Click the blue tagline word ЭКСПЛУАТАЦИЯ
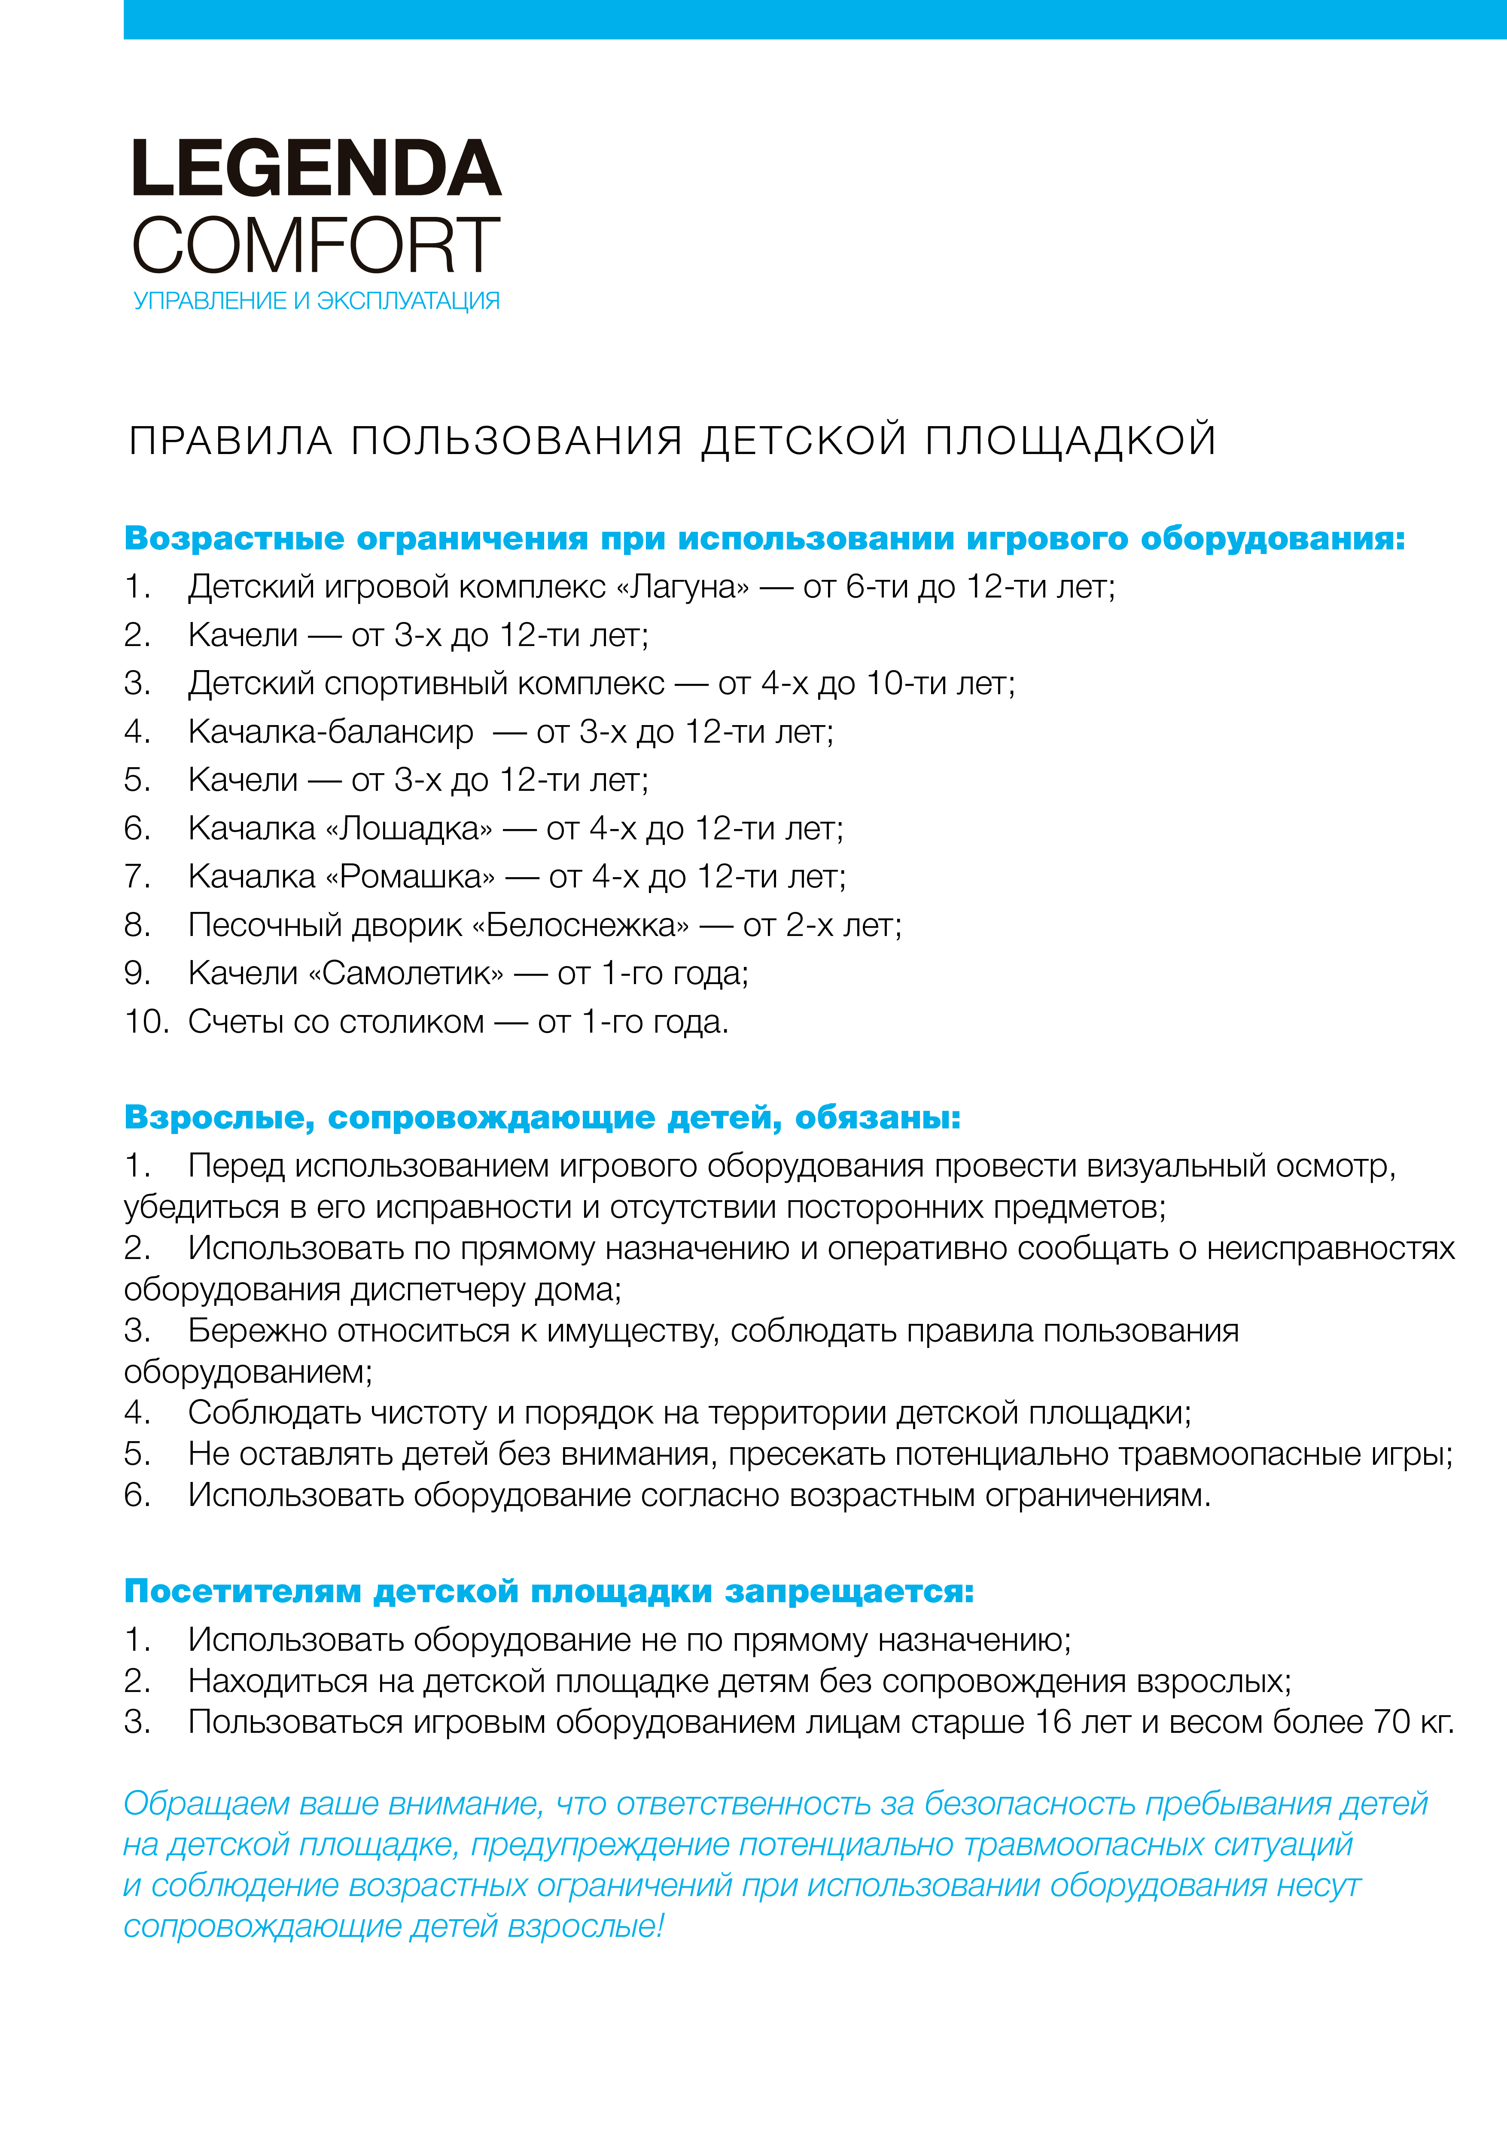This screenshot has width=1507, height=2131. (408, 301)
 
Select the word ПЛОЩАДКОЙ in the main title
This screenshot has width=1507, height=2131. (1070, 440)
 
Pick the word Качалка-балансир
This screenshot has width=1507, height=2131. (330, 732)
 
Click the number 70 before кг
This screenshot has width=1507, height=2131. (1392, 1722)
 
